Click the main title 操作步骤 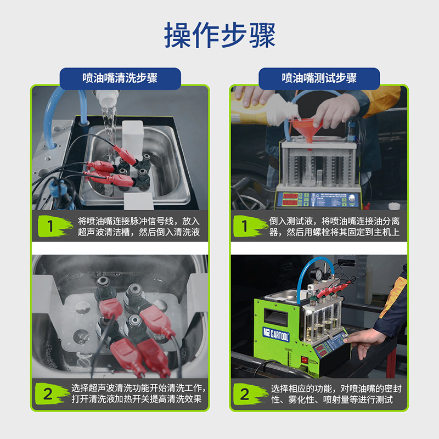pos(220,35)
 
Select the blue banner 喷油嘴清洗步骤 pos(120,78)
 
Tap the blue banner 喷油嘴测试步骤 pos(319,78)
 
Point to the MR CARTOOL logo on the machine pos(275,334)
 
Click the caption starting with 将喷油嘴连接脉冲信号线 pos(139,227)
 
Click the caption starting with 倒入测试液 pos(334,227)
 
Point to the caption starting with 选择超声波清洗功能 pos(138,393)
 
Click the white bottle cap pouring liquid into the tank pos(106,97)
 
